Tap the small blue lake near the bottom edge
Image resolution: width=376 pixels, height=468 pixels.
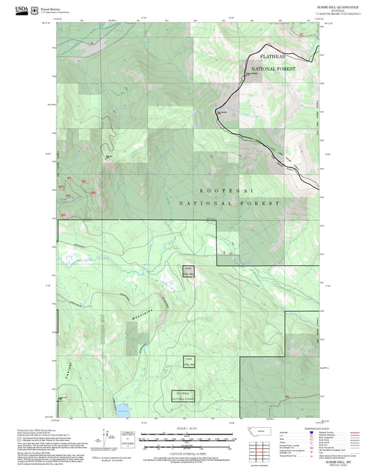point(123,409)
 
